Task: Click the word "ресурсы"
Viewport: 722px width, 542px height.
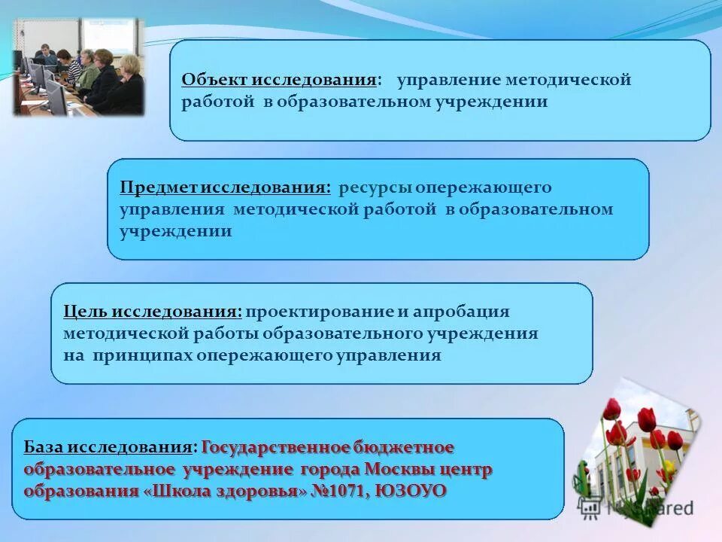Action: click(x=374, y=187)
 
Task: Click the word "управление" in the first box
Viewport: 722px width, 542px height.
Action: click(x=449, y=80)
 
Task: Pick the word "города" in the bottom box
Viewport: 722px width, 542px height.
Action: click(x=329, y=470)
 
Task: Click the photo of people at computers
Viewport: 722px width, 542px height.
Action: click(x=78, y=68)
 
